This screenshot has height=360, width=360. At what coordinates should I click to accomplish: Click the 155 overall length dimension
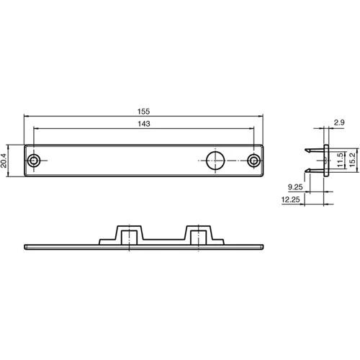click(144, 112)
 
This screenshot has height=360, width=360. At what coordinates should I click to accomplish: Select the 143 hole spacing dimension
click(144, 124)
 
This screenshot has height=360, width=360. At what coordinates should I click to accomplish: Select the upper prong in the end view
click(314, 150)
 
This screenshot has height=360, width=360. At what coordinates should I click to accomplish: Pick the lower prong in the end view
click(314, 171)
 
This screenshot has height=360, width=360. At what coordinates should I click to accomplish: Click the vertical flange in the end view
click(326, 161)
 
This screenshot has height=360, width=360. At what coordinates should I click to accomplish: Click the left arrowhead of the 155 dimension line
click(26, 117)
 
